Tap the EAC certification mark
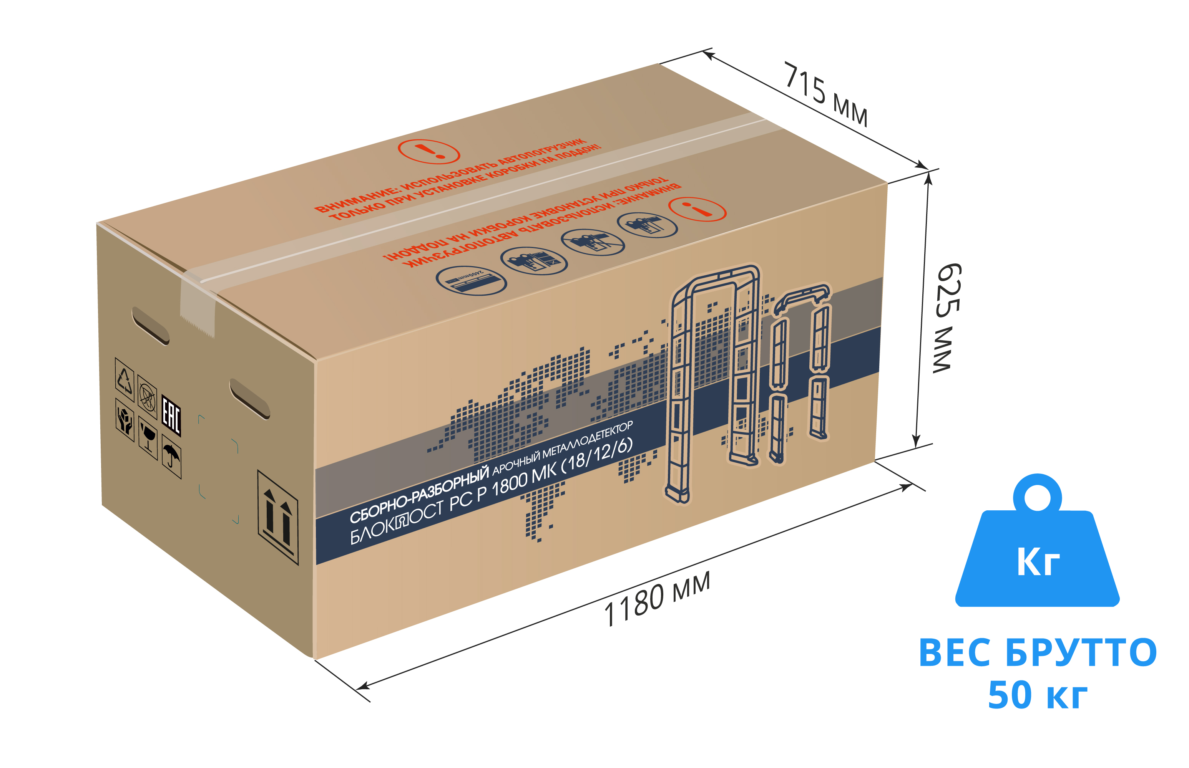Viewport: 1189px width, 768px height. click(x=171, y=415)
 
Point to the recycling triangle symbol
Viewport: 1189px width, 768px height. click(x=124, y=379)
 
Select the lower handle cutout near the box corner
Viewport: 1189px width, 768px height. click(x=249, y=399)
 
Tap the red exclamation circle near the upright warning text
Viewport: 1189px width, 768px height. click(x=428, y=151)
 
